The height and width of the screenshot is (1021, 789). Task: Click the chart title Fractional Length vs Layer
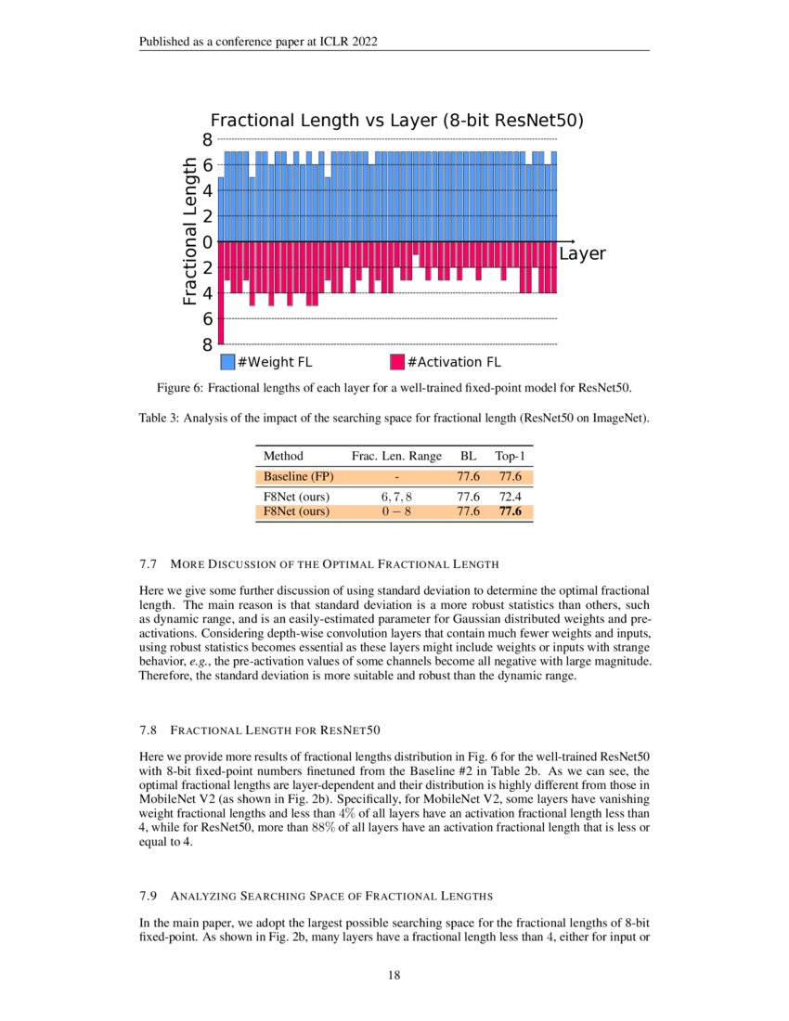[x=396, y=121]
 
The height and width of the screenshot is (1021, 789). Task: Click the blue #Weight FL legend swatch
[x=227, y=362]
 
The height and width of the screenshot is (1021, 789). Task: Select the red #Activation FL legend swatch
[x=397, y=362]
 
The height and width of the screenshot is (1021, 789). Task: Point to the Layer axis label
[x=582, y=253]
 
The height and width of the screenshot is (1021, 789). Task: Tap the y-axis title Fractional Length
[x=189, y=231]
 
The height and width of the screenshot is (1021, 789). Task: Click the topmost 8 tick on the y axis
[x=208, y=140]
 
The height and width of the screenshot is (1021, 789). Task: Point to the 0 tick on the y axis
[x=208, y=242]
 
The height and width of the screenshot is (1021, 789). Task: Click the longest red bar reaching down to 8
[x=221, y=292]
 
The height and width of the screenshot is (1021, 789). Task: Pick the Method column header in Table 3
[x=283, y=456]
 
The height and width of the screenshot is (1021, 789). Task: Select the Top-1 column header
[x=510, y=456]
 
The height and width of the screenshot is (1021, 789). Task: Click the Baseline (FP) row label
[x=298, y=477]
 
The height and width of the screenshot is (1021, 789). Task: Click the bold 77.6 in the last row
[x=510, y=511]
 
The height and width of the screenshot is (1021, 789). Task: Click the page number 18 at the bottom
[x=394, y=975]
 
